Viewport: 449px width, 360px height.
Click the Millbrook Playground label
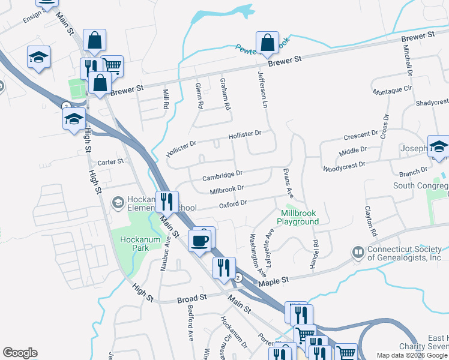click(298, 217)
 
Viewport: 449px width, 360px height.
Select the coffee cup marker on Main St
click(200, 241)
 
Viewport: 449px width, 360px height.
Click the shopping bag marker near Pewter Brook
click(267, 43)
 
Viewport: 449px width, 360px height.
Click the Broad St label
click(192, 298)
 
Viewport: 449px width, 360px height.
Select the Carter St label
click(110, 162)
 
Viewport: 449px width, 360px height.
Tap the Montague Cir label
click(393, 91)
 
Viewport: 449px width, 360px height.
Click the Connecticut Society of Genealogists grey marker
click(358, 252)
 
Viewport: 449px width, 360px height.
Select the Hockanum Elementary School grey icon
click(118, 203)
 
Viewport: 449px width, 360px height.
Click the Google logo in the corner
click(20, 352)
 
